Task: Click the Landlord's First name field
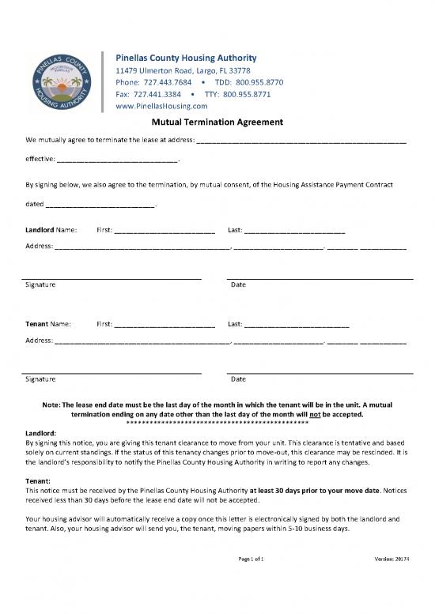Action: (165, 231)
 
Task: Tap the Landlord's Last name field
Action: (294, 231)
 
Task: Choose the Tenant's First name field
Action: (165, 324)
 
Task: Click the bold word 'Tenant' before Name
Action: (36, 324)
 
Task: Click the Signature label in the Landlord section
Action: (40, 284)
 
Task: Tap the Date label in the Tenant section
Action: (237, 379)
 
